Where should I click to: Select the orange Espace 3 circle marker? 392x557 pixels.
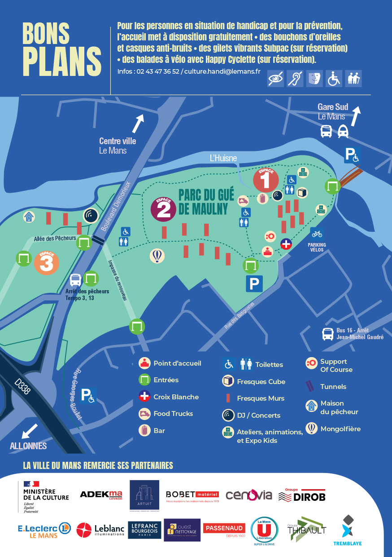click(46, 263)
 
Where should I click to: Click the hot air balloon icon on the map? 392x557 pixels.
click(157, 256)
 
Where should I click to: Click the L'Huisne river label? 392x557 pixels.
click(223, 158)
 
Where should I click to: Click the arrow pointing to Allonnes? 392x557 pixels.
click(30, 430)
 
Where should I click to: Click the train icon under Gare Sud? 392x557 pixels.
click(344, 131)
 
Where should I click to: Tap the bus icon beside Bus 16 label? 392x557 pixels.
click(328, 334)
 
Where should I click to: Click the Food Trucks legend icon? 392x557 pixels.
click(144, 414)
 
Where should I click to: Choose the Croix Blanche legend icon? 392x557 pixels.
click(144, 397)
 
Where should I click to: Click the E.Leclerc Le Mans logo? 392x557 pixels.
click(44, 530)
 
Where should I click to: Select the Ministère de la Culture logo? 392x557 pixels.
click(45, 496)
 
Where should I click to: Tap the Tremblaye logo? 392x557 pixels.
click(347, 530)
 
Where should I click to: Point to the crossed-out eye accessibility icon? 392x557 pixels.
click(275, 79)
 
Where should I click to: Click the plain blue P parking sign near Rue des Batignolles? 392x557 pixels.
click(254, 284)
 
